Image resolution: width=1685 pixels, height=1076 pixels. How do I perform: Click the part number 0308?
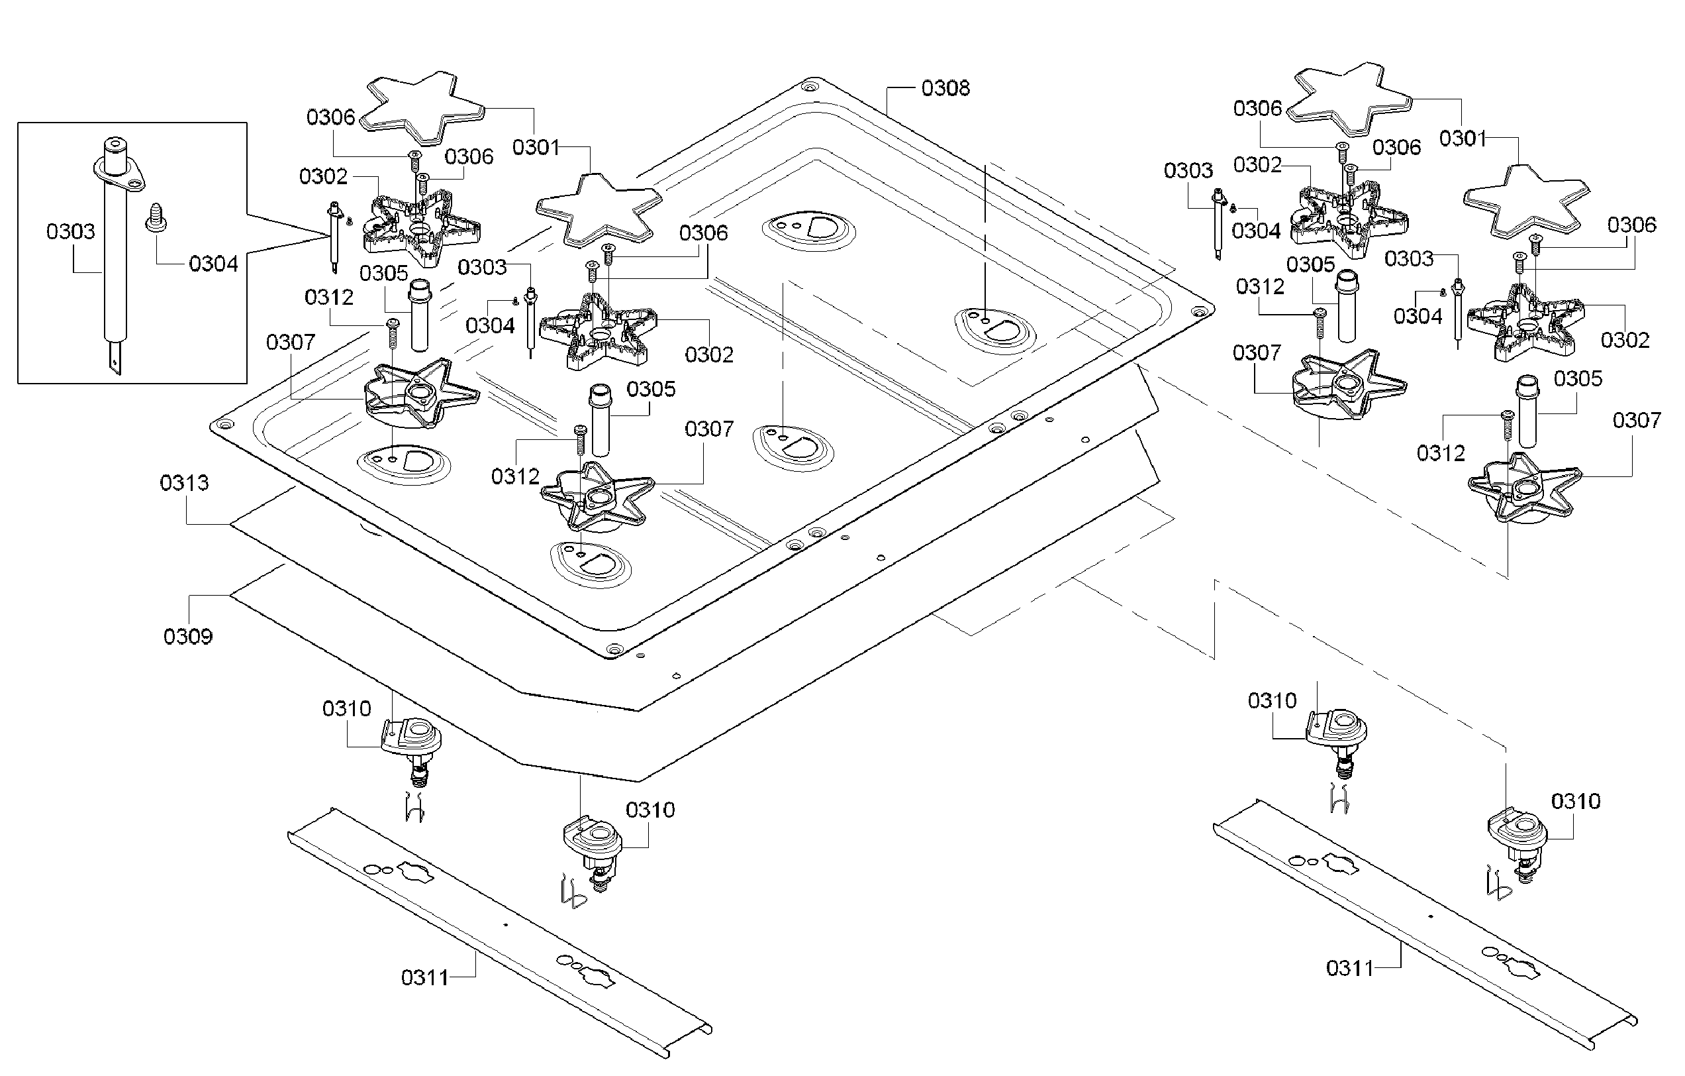tap(945, 88)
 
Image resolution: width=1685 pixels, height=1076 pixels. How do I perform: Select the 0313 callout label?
tap(184, 483)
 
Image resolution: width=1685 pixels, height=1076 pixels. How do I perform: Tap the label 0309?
tap(187, 636)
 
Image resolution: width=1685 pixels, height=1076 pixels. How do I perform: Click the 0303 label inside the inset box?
tap(70, 232)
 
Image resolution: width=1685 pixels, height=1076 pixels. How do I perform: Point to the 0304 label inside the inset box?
tap(213, 264)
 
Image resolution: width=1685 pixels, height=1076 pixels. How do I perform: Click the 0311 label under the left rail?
tap(425, 977)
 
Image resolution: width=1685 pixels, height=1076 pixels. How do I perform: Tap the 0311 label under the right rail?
tap(1350, 969)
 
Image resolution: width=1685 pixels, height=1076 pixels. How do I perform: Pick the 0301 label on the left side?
tap(536, 148)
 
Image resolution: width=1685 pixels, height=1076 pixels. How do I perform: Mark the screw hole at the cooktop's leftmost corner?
tap(225, 424)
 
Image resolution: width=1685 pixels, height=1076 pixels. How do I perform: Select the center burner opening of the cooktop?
tap(793, 445)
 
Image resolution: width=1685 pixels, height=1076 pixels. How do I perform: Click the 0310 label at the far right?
tap(1576, 802)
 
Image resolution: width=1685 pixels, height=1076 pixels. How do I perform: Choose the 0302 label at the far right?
tap(1625, 341)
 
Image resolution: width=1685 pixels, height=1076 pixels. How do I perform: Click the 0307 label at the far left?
tap(291, 343)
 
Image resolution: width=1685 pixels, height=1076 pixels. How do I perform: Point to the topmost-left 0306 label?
tap(330, 117)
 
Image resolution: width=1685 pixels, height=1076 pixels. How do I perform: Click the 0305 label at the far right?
tap(1578, 379)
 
